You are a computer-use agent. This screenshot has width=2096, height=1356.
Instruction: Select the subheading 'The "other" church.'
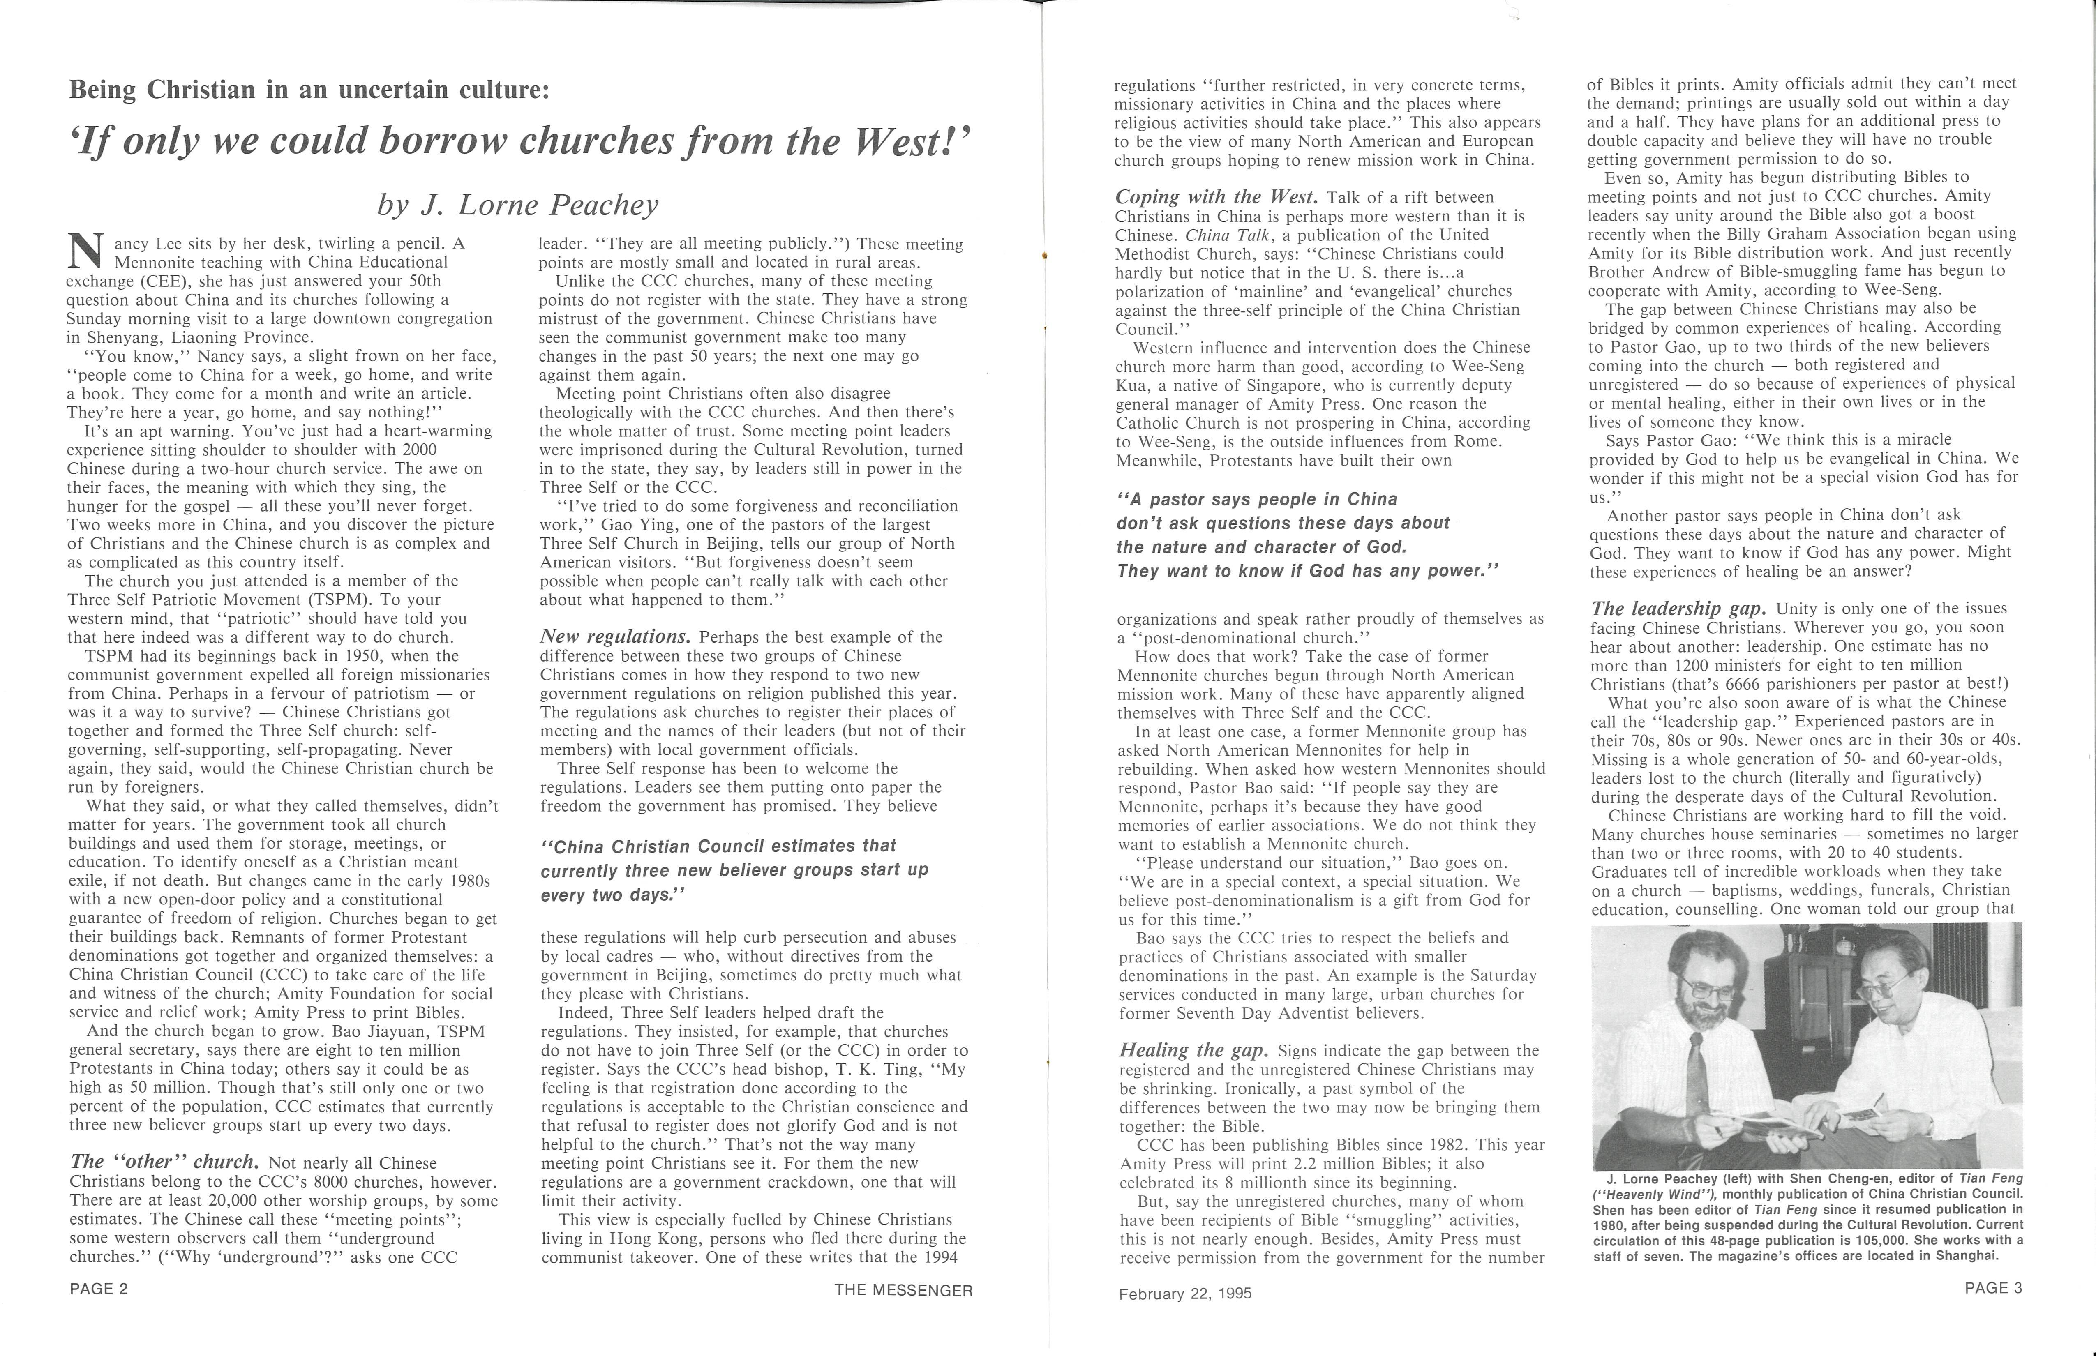tap(164, 1161)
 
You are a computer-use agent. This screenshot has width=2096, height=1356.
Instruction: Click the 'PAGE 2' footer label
tap(99, 1289)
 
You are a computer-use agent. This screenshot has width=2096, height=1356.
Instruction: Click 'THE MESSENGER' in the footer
tap(904, 1291)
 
